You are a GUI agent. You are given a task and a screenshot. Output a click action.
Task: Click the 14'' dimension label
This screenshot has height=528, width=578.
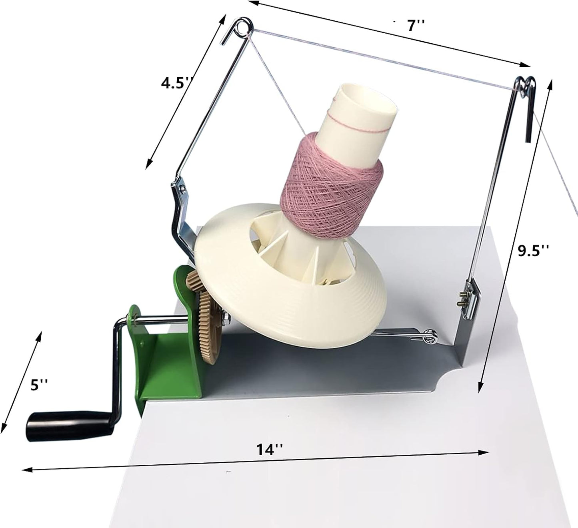(270, 450)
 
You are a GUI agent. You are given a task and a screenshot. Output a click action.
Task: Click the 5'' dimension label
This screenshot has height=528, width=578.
(39, 385)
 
